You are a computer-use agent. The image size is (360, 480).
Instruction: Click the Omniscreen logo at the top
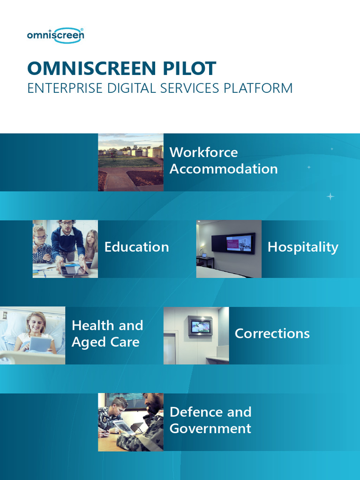point(55,35)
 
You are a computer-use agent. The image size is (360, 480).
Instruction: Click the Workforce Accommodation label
point(223,161)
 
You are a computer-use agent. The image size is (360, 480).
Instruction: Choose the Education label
point(136,247)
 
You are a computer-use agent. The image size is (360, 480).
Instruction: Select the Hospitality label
point(302,247)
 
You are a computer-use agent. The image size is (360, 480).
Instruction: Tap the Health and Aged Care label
point(107,334)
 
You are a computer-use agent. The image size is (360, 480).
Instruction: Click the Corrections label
point(272,333)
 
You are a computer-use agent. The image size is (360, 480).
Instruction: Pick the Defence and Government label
point(210,420)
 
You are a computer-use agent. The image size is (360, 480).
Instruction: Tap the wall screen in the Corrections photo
point(200,326)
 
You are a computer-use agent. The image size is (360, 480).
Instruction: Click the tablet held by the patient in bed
point(40,345)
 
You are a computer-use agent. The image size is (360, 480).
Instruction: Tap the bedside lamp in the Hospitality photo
point(201,249)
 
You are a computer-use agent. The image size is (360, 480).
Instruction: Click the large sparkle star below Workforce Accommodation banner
point(330,196)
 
